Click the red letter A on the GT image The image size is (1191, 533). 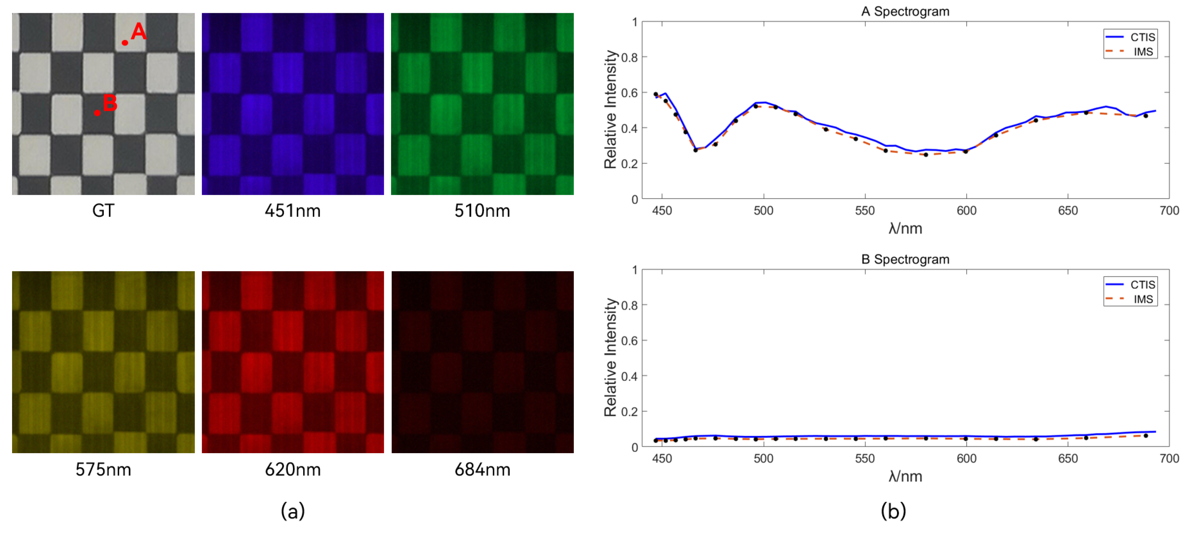[138, 32]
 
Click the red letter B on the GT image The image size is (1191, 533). [110, 103]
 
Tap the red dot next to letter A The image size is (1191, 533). [125, 42]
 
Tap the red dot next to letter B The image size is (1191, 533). [97, 113]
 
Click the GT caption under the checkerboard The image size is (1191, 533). [103, 211]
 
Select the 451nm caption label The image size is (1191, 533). [292, 211]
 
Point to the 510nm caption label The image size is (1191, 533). [482, 211]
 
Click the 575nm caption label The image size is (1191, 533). [103, 469]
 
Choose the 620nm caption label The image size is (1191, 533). [292, 469]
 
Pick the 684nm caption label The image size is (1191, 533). [482, 469]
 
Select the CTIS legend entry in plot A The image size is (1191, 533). [1142, 37]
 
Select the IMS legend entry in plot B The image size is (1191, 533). [1142, 299]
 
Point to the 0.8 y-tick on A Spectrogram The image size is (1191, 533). [629, 57]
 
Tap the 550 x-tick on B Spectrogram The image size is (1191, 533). [865, 459]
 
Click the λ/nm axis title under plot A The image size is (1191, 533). [905, 228]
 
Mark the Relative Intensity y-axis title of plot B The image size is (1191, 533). [610, 357]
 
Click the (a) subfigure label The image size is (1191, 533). [292, 511]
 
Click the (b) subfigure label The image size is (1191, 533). [893, 511]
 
